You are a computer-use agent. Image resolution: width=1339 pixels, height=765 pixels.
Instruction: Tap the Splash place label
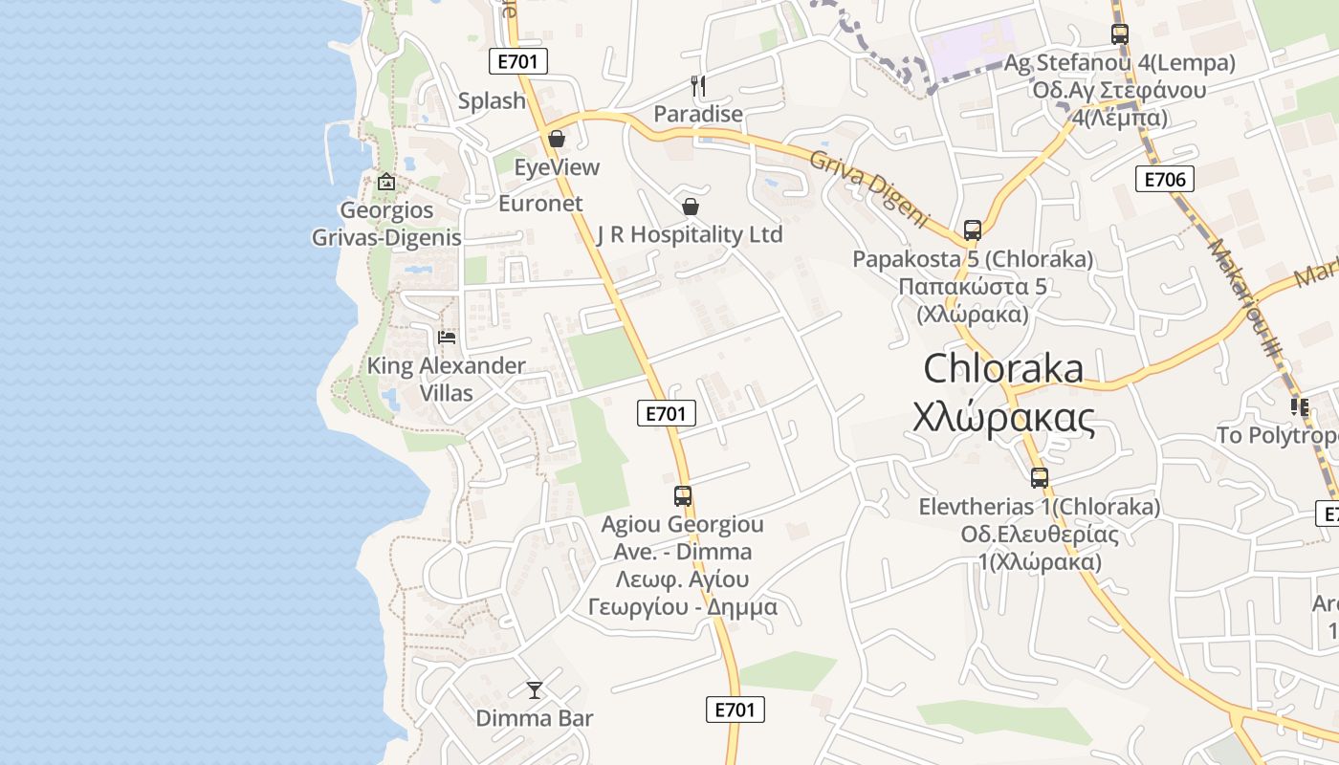tap(492, 100)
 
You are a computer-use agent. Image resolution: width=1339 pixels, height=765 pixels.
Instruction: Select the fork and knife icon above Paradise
tap(698, 86)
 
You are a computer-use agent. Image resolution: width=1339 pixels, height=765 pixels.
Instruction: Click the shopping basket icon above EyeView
tap(557, 140)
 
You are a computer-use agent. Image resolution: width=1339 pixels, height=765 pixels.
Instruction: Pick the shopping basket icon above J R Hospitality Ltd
tap(691, 207)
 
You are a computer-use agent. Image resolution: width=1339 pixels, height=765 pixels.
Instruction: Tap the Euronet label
tap(540, 203)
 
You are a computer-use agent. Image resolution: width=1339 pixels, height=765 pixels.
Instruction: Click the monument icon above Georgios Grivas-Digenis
tap(385, 182)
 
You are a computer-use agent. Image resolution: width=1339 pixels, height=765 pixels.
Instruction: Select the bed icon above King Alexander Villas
tap(447, 338)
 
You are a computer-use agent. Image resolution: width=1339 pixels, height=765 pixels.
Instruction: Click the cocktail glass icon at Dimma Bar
tap(535, 689)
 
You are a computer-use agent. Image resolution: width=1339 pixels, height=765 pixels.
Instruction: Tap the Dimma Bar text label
tap(535, 718)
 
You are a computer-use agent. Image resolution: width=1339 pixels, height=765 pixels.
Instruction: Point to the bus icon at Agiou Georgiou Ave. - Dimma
tap(683, 496)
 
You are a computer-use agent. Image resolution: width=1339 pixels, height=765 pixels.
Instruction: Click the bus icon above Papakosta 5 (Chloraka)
tap(973, 230)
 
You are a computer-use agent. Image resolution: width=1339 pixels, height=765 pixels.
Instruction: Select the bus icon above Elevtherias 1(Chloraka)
tap(1040, 478)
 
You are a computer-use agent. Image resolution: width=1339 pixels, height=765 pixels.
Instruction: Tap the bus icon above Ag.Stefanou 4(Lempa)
tap(1120, 34)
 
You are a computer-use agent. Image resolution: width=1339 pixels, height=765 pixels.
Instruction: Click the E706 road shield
tap(1165, 179)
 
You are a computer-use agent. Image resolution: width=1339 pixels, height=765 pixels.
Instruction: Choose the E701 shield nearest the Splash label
tap(517, 62)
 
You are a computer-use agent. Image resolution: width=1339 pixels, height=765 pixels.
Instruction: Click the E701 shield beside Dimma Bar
tap(735, 710)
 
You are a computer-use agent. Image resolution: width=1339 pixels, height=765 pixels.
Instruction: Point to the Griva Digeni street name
tap(869, 188)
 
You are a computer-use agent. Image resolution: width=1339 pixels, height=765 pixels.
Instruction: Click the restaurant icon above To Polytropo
tap(1299, 407)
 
